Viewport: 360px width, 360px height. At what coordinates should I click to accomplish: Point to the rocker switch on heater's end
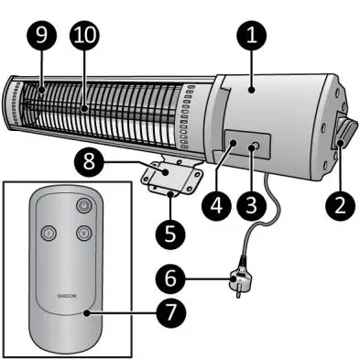coord(344,135)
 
